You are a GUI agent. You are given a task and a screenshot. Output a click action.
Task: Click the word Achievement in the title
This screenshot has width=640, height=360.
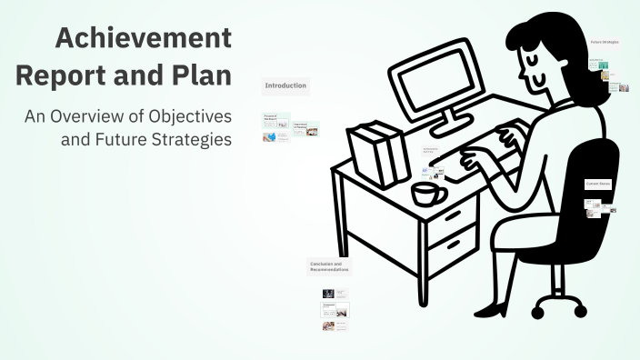[143, 39]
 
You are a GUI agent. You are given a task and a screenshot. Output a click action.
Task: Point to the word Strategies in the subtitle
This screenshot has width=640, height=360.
[189, 140]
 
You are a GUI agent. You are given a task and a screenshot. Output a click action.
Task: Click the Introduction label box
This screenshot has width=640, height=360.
[285, 86]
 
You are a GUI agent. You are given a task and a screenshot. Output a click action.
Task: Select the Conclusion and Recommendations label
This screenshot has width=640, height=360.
[328, 266]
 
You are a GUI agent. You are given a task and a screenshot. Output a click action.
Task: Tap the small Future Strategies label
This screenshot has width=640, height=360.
[604, 42]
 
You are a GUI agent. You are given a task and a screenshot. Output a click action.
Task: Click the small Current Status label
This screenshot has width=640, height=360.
[597, 185]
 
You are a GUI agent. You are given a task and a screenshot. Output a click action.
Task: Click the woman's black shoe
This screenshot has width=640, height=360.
[492, 310]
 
